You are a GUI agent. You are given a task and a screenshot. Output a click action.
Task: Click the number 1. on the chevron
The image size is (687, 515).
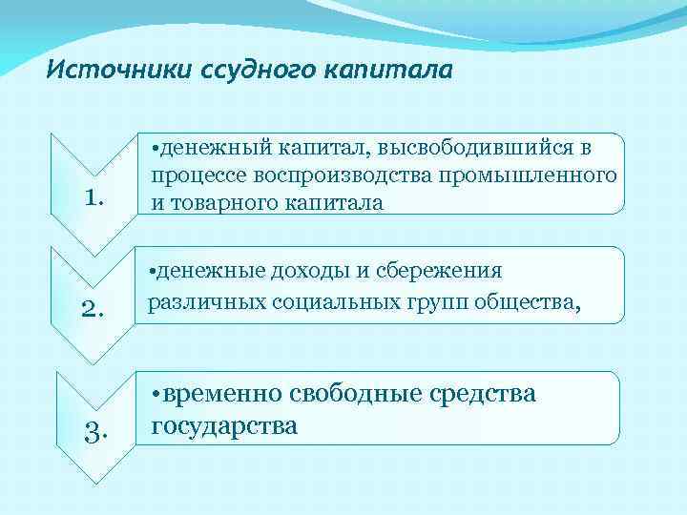coord(93,197)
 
